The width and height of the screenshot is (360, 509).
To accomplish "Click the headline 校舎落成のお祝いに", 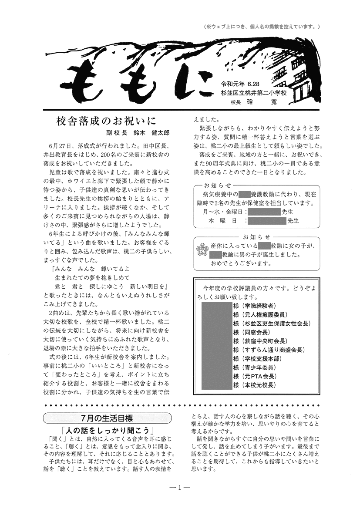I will (x=106, y=121).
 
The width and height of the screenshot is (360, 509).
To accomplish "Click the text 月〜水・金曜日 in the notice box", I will (x=223, y=212).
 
